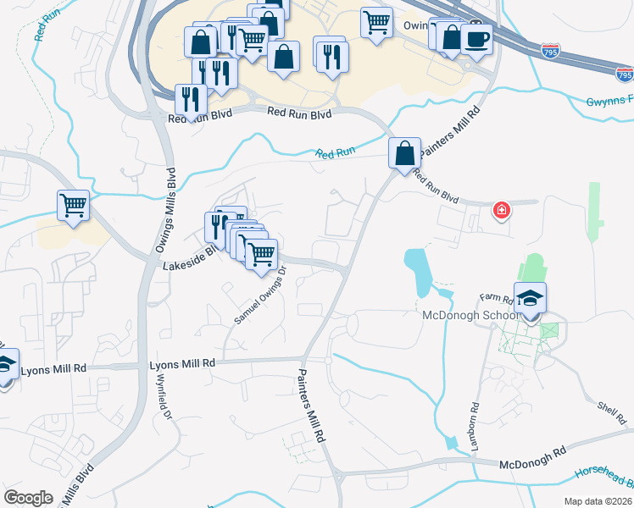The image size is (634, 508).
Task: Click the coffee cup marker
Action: click(x=476, y=39)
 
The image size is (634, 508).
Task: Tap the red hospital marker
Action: click(x=502, y=209)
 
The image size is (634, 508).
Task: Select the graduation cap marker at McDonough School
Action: click(x=530, y=299)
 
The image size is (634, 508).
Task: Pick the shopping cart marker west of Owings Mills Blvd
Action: click(x=74, y=205)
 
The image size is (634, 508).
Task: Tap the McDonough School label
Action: click(x=470, y=316)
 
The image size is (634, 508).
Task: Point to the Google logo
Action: click(x=28, y=497)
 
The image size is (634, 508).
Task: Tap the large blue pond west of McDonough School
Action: click(x=418, y=269)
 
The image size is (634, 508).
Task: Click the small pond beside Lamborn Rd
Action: click(x=450, y=442)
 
